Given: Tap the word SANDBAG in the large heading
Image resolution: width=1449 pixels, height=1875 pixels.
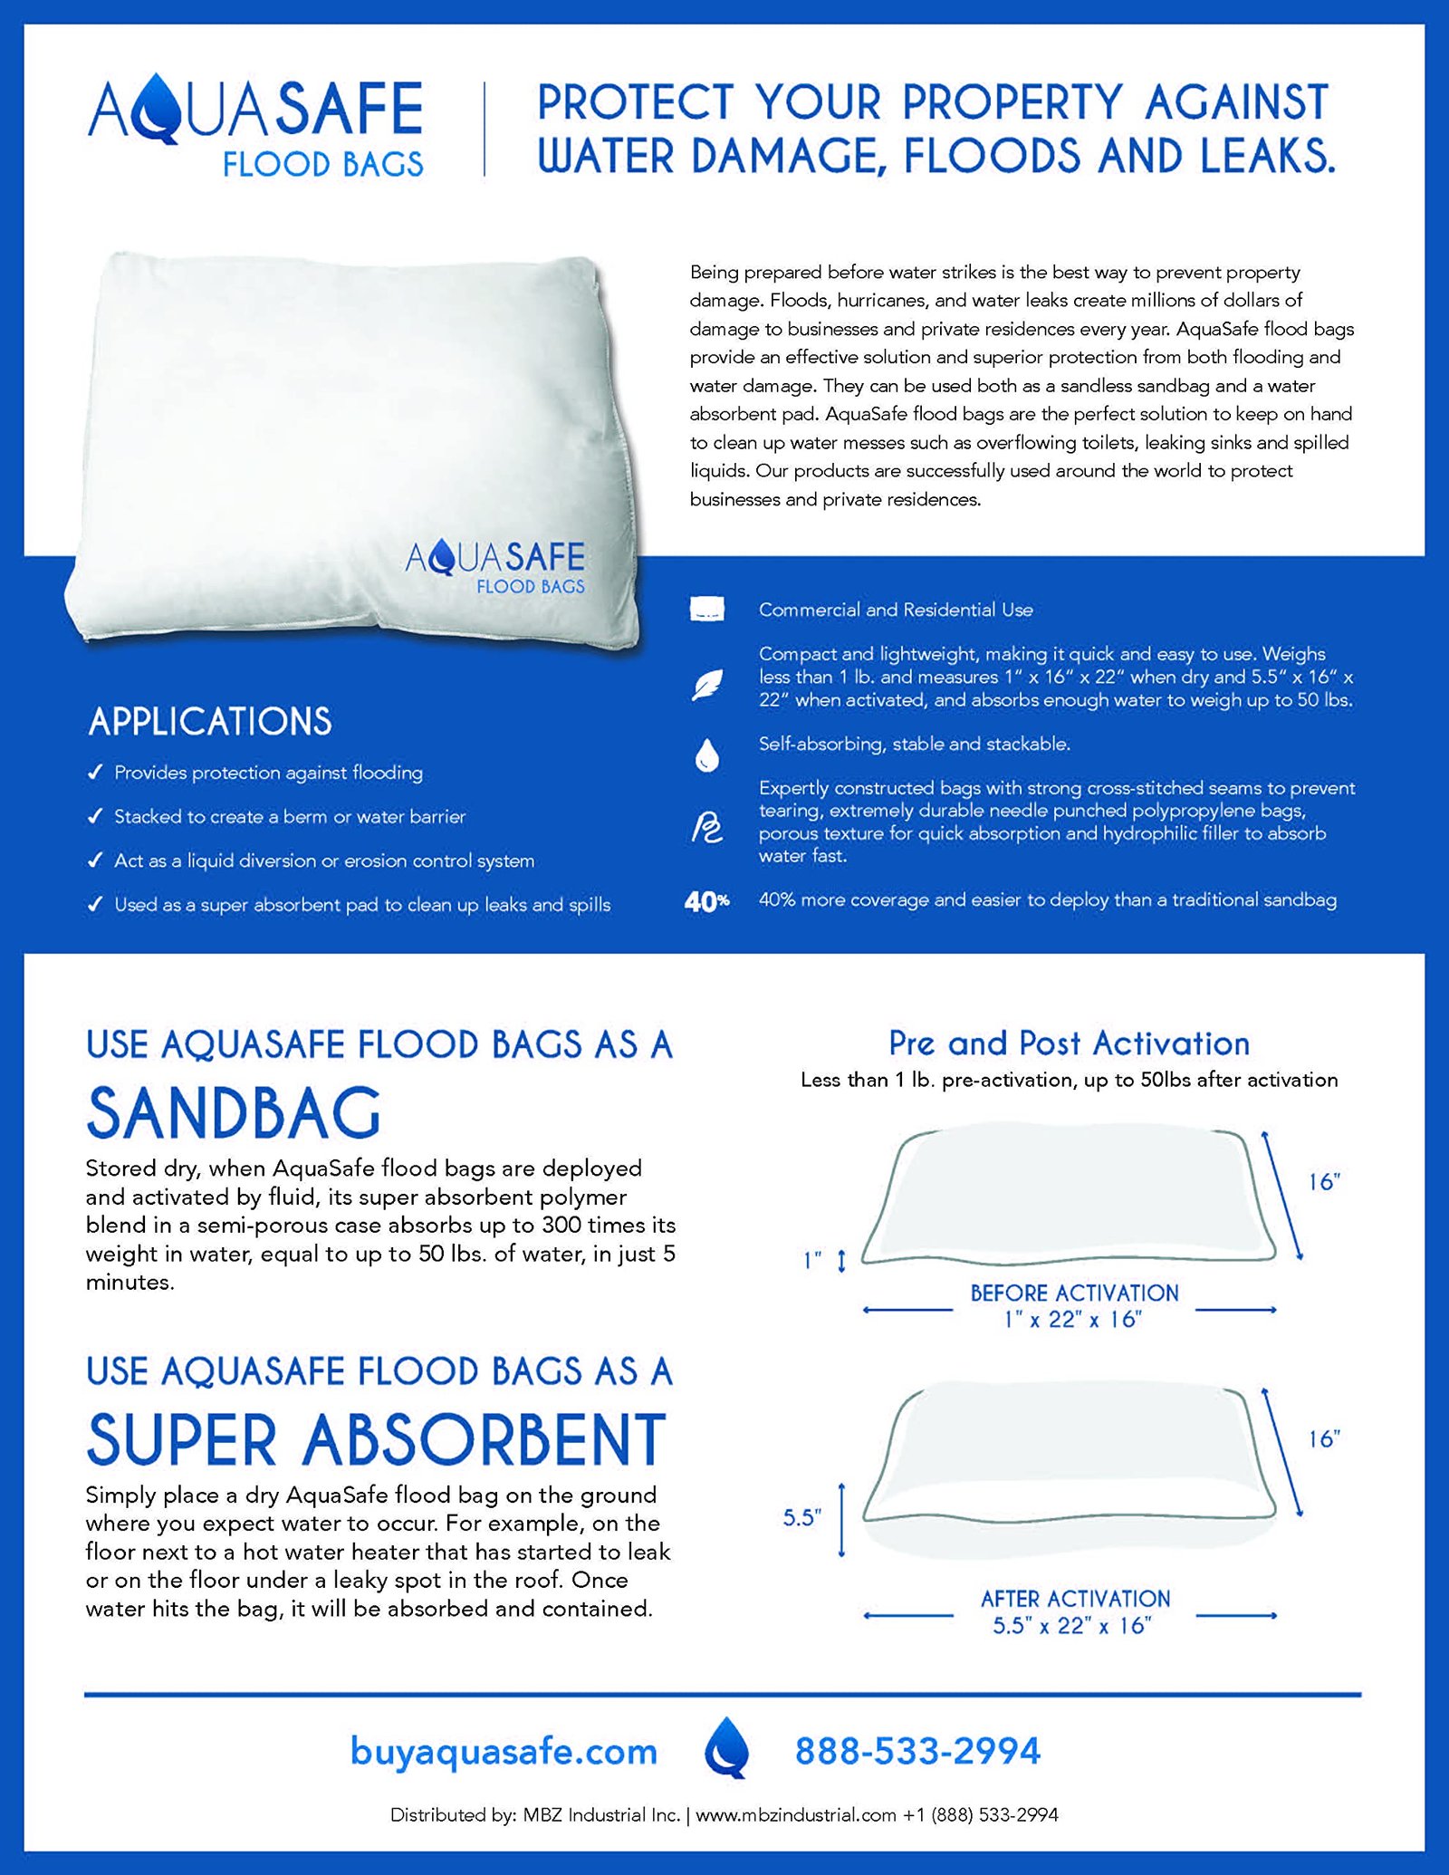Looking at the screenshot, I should click(x=234, y=1113).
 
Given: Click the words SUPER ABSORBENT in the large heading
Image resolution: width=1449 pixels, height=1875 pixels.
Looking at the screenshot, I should click(x=377, y=1439).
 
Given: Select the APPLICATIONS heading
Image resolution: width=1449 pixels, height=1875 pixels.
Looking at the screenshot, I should click(x=210, y=722).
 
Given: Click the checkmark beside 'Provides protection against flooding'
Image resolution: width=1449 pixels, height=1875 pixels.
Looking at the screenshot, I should click(x=95, y=773).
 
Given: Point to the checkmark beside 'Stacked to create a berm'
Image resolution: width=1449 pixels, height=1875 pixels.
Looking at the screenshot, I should click(x=95, y=816).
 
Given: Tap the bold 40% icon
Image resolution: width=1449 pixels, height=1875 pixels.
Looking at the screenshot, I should click(x=706, y=901).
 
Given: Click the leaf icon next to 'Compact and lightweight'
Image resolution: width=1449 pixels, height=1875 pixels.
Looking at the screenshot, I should click(x=707, y=684).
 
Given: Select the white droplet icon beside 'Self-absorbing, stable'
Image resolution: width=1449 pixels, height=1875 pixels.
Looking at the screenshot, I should click(x=707, y=755).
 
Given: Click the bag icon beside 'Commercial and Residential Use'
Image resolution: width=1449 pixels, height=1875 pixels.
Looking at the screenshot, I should click(x=707, y=609).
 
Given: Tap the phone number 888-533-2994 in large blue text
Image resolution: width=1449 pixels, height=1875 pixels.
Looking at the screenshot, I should click(x=917, y=1751).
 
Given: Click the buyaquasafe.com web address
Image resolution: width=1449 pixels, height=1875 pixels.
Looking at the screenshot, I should click(x=504, y=1751).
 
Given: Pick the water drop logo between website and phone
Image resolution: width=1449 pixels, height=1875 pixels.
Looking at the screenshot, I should click(x=727, y=1747).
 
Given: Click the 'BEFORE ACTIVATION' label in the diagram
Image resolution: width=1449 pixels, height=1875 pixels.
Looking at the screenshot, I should click(x=1074, y=1293).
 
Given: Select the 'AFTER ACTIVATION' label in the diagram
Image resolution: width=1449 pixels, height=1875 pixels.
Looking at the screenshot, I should click(x=1075, y=1599).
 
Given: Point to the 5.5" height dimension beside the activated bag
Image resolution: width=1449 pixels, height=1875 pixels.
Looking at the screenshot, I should click(x=801, y=1517).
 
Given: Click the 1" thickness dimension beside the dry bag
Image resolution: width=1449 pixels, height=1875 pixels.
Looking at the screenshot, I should click(x=813, y=1260).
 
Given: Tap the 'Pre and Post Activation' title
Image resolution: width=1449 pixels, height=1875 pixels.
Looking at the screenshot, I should click(x=1069, y=1043).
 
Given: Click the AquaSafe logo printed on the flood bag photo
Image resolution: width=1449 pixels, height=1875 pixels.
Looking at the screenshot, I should click(x=495, y=566).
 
